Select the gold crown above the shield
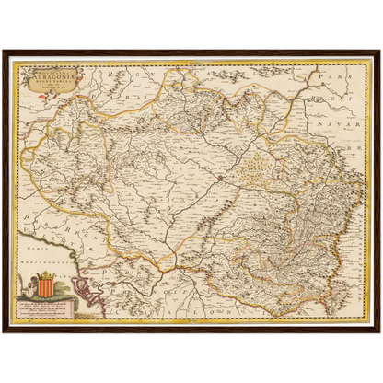[x=44, y=276]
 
